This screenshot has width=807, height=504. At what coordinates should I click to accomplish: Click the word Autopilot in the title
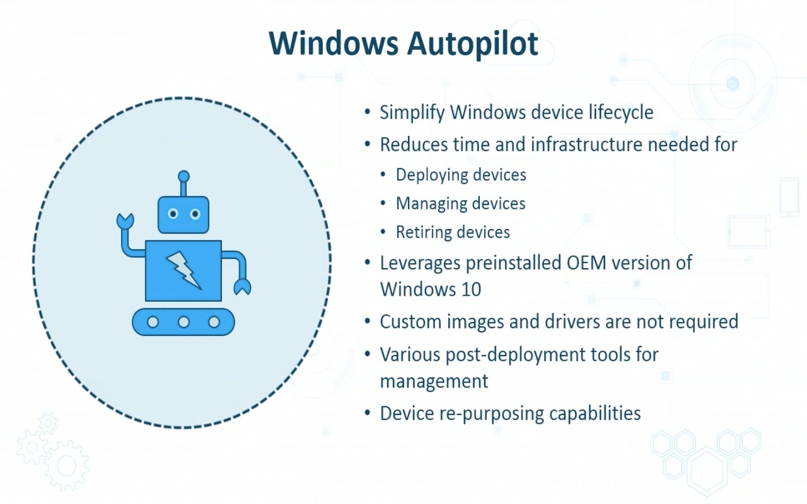tap(472, 44)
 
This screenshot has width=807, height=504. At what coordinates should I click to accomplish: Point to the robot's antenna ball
tap(183, 176)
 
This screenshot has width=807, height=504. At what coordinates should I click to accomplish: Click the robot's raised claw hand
tap(124, 220)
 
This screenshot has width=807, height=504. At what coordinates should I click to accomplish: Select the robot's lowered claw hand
tap(242, 287)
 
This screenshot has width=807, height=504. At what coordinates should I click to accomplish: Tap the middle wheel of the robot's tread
tap(183, 322)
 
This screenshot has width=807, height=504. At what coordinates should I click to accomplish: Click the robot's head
tap(183, 214)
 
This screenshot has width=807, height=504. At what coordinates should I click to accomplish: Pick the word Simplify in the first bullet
tap(412, 113)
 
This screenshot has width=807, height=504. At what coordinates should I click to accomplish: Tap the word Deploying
tap(429, 175)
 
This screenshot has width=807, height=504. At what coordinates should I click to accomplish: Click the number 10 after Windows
tap(471, 290)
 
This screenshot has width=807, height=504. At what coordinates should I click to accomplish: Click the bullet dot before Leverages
tap(368, 263)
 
